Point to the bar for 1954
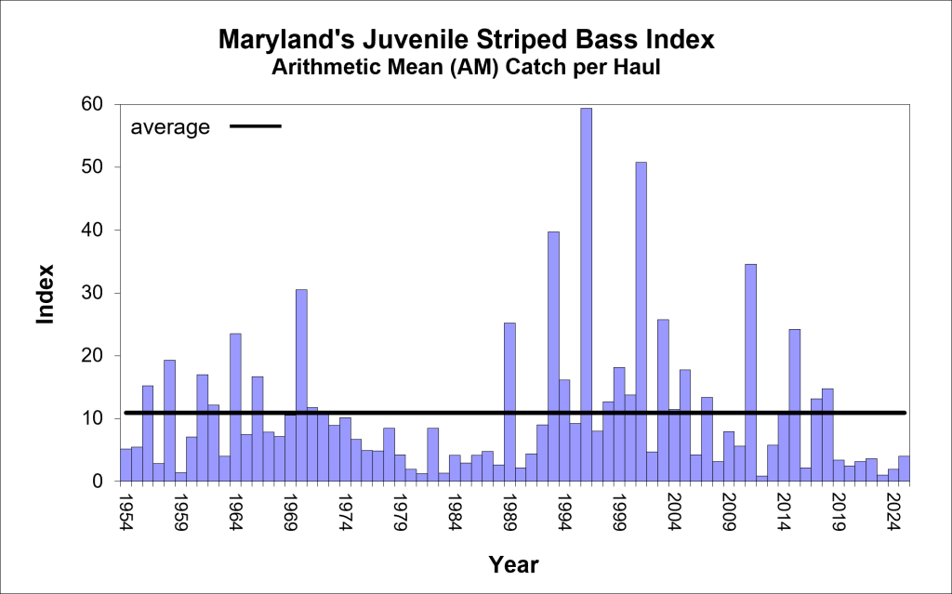(126, 465)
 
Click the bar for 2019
(838, 470)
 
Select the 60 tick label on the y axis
(89, 104)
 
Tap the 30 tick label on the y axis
(89, 293)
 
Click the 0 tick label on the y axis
(95, 482)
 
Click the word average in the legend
(170, 127)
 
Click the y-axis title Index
(46, 295)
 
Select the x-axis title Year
(513, 563)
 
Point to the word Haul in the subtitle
(637, 68)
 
